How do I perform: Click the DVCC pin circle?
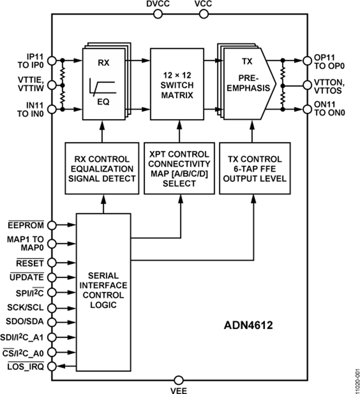[158, 14]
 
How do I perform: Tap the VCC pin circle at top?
[203, 14]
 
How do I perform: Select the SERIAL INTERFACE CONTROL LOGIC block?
[103, 292]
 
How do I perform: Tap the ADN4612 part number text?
[248, 326]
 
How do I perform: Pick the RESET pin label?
[30, 262]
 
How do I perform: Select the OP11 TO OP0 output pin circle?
[307, 61]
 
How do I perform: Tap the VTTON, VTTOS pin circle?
[307, 85]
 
